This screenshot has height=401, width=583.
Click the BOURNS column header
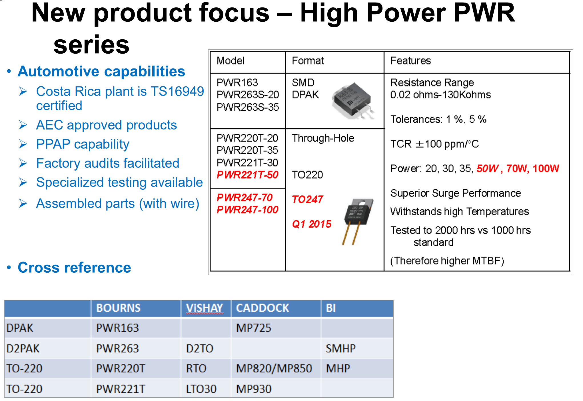[x=118, y=308]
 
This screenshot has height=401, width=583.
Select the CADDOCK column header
[x=263, y=308]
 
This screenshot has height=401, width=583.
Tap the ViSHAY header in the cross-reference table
[x=204, y=308]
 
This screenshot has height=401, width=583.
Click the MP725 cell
[x=254, y=328]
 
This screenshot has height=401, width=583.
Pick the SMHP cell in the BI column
[x=341, y=348]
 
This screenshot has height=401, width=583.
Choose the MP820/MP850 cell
[x=274, y=368]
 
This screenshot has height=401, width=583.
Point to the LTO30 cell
[x=201, y=389]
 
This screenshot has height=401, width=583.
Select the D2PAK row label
[x=23, y=348]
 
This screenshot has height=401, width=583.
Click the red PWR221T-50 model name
[x=247, y=175]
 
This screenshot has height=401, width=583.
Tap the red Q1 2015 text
[x=312, y=224]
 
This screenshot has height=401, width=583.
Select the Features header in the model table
[x=410, y=61]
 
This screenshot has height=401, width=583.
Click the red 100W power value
[x=546, y=169]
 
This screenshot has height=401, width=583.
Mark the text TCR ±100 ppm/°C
[x=434, y=144]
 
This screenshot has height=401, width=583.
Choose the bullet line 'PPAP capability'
[x=83, y=144]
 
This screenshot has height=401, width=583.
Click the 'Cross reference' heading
[x=74, y=268]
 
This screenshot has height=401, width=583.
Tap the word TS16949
[x=177, y=91]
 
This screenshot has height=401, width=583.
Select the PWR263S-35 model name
[x=248, y=107]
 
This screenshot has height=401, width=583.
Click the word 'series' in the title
[x=91, y=44]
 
